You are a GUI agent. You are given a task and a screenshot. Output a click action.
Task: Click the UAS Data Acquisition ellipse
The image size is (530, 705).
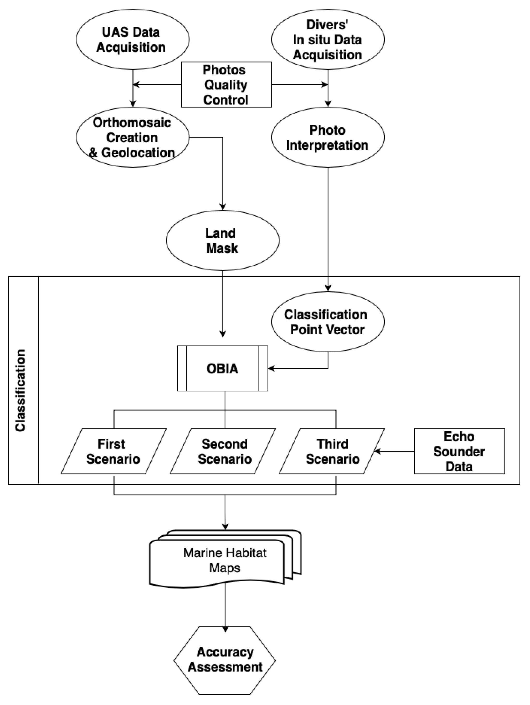(132, 39)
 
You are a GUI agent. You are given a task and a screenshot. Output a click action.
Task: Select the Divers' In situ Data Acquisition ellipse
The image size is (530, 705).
(328, 39)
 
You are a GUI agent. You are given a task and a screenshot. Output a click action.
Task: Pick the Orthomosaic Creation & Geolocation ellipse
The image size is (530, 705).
(132, 137)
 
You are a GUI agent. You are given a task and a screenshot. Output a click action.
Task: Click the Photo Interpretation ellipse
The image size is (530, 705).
(328, 137)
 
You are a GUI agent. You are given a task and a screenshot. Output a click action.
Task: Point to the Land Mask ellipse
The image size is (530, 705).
(222, 241)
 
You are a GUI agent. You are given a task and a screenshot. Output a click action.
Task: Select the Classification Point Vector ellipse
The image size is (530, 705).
(328, 322)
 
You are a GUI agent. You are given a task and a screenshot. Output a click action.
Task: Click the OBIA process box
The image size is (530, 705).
(222, 368)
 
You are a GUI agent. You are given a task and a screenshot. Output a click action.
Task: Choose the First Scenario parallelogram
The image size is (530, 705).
(113, 451)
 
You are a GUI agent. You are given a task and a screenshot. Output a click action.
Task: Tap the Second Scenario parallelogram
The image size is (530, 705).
(223, 451)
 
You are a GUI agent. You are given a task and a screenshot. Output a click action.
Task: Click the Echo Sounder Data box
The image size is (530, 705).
(459, 451)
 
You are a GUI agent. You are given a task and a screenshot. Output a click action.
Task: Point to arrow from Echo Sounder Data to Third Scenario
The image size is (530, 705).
(395, 451)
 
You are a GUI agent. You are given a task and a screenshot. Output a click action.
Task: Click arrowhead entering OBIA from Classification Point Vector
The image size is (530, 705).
(271, 368)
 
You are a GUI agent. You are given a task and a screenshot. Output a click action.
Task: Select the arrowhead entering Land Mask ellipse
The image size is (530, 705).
(223, 207)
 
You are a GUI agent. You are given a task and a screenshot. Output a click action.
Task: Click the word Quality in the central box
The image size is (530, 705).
(226, 85)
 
